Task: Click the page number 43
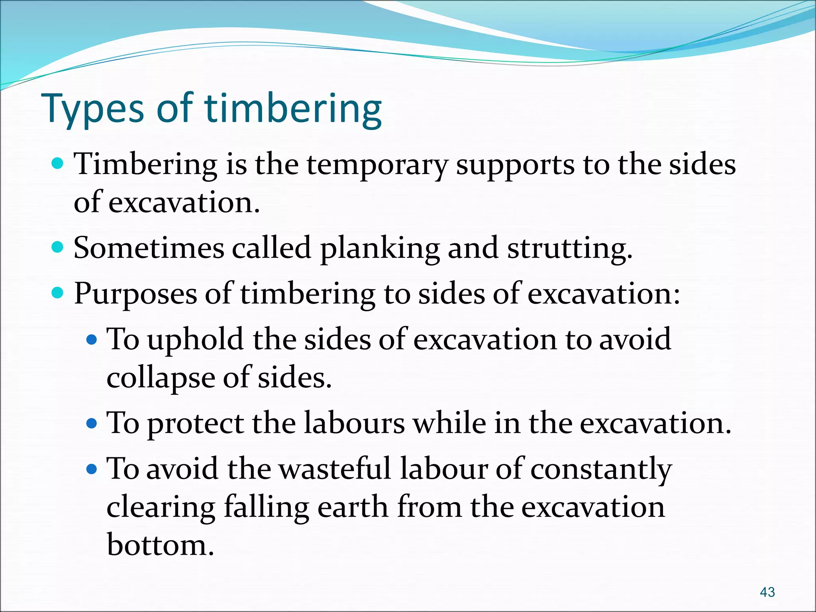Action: click(x=767, y=592)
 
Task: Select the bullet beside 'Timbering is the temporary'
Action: click(x=58, y=163)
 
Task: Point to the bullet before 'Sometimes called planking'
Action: click(x=58, y=247)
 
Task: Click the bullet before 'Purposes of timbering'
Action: click(x=58, y=293)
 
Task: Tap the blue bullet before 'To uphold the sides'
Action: click(x=92, y=339)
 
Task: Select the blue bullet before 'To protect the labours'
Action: click(x=92, y=423)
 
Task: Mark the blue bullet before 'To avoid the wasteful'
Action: click(x=92, y=469)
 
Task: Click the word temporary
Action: click(x=377, y=165)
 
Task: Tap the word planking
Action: click(x=380, y=249)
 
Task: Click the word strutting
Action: click(x=570, y=249)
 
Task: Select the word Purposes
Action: click(x=135, y=294)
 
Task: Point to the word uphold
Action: click(x=195, y=340)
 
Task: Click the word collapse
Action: click(x=161, y=379)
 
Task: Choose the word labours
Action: click(x=354, y=423)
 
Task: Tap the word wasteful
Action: click(x=334, y=469)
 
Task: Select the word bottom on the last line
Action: click(x=160, y=545)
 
